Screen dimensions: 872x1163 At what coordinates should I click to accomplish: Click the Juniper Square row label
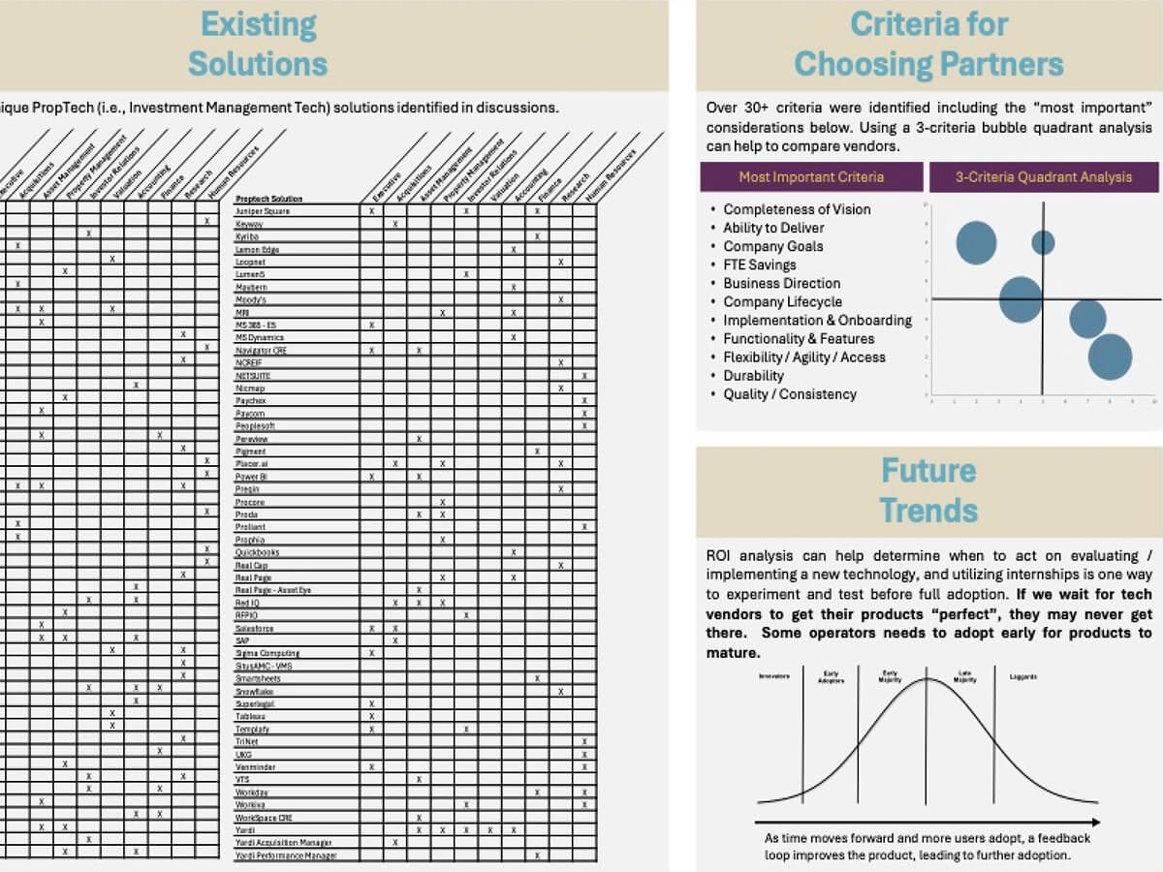click(262, 211)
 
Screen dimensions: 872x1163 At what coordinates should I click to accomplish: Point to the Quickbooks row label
click(257, 552)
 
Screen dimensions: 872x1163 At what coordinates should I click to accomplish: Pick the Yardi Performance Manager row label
click(285, 856)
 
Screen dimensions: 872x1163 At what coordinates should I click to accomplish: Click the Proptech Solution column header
click(268, 199)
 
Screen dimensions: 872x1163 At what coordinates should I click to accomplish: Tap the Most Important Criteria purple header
click(811, 176)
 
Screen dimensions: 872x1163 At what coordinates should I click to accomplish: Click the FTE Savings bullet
click(759, 265)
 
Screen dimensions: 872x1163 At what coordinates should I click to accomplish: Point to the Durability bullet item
click(753, 376)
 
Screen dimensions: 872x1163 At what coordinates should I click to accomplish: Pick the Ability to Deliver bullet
click(773, 228)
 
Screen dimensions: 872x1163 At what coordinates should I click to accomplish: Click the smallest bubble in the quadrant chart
click(1043, 242)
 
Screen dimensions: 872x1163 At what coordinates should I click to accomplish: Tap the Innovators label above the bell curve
click(774, 677)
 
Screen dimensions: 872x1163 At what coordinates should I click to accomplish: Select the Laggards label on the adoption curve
click(1023, 677)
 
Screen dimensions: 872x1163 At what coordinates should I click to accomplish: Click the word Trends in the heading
click(928, 511)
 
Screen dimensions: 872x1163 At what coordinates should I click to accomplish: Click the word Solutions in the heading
click(258, 64)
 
